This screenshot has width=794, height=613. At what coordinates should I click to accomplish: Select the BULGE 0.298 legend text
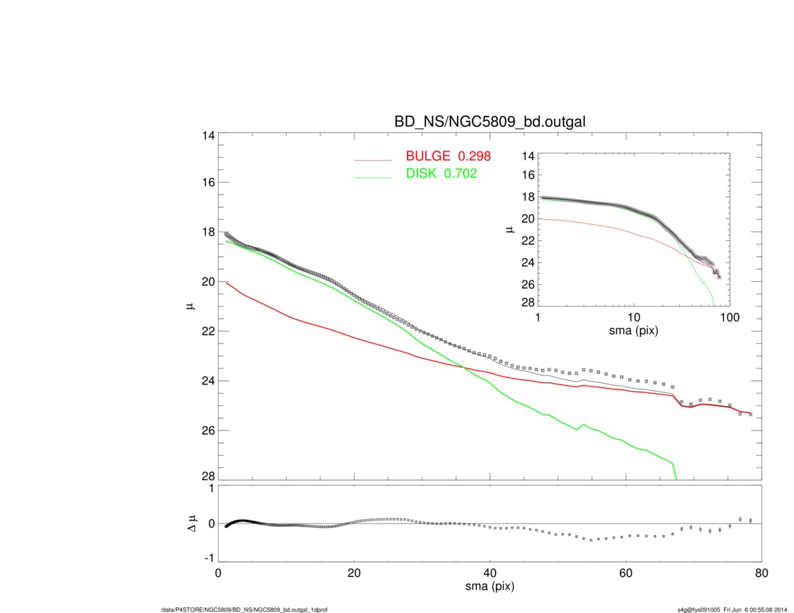tap(448, 157)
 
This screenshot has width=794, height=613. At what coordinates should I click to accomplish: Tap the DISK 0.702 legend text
tap(442, 174)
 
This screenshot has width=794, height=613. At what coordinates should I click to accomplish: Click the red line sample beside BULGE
tap(372, 160)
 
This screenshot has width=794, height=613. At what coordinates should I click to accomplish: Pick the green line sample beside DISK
tap(372, 177)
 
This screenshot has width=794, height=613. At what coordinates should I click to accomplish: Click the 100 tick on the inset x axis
tap(730, 318)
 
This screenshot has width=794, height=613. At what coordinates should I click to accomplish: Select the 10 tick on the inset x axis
tap(634, 318)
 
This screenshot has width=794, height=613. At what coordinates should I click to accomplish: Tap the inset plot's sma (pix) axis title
tap(634, 331)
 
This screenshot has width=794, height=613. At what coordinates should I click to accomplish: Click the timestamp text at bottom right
tap(730, 609)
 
